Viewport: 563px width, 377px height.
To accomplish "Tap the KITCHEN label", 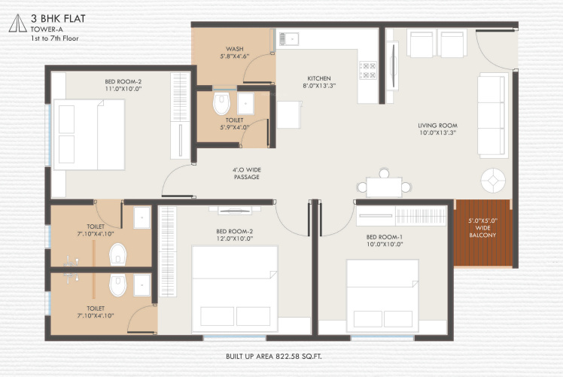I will point(318,78).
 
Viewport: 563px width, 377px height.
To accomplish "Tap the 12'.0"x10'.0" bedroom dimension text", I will point(235,239).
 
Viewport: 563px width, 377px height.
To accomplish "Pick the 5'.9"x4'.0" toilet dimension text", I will point(233,126).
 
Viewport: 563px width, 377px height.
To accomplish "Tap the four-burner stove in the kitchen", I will point(369,70).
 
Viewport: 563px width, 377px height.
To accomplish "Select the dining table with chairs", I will point(384,186).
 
